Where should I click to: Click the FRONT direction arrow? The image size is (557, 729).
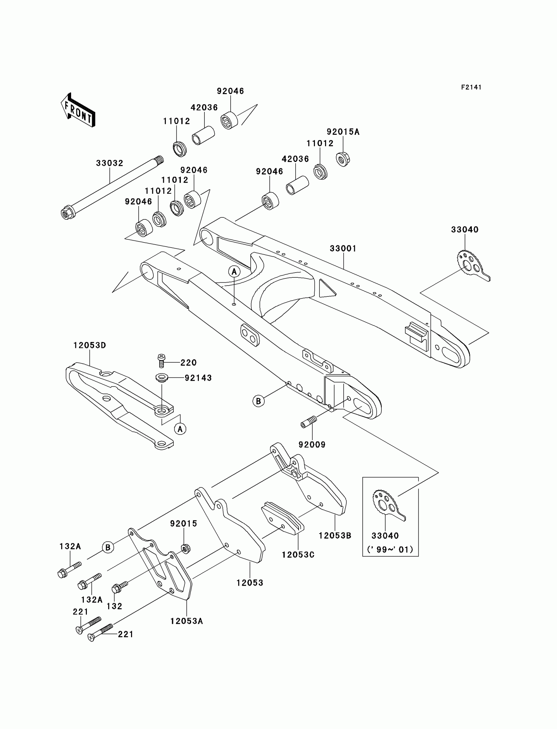pyautogui.click(x=78, y=110)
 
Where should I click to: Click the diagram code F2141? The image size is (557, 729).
pyautogui.click(x=471, y=87)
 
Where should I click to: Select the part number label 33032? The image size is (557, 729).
pyautogui.click(x=110, y=163)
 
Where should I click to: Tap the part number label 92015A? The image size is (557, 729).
pyautogui.click(x=343, y=132)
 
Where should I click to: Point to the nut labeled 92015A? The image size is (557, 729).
pyautogui.click(x=343, y=159)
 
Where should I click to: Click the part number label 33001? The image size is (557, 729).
pyautogui.click(x=343, y=249)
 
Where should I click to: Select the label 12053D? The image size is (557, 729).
pyautogui.click(x=89, y=345)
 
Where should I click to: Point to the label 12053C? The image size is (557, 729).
pyautogui.click(x=298, y=555)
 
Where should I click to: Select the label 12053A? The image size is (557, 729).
pyautogui.click(x=187, y=621)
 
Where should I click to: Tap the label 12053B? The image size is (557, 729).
pyautogui.click(x=335, y=536)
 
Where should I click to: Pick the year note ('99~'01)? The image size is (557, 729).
pyautogui.click(x=390, y=550)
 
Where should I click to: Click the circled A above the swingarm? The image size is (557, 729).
pyautogui.click(x=234, y=272)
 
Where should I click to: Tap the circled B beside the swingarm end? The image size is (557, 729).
pyautogui.click(x=259, y=401)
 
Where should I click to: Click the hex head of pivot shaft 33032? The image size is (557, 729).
pyautogui.click(x=67, y=213)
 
